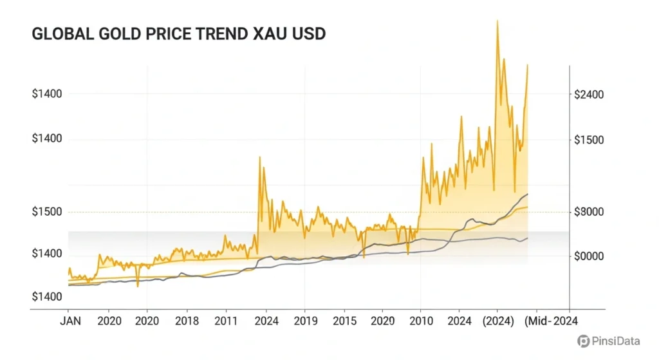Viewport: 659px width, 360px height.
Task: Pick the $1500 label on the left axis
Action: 47,212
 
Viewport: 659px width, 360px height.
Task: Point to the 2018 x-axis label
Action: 187,320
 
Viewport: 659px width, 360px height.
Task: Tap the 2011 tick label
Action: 226,320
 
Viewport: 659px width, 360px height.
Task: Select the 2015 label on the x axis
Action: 344,320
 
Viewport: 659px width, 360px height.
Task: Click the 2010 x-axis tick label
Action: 420,320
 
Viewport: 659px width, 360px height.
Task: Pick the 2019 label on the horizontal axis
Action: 305,320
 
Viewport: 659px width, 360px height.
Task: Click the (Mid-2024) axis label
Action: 549,320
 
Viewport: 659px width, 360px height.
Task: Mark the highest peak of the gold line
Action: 497,21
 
